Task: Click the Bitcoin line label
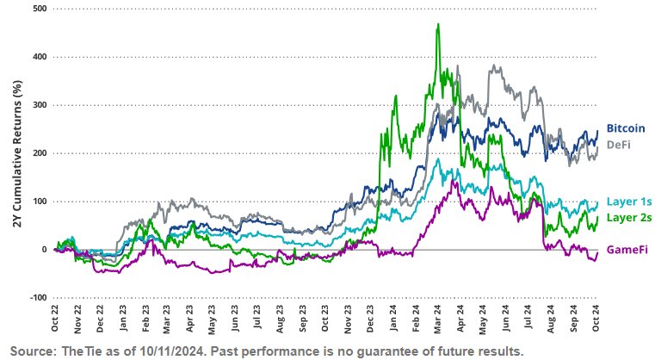626,128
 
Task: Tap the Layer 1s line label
627,200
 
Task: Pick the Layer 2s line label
627,216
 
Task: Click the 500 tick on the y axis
38,9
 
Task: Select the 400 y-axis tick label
38,57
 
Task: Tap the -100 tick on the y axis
36,297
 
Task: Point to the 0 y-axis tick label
44,250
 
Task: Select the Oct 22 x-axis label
55,321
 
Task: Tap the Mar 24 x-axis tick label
437,321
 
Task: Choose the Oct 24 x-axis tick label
596,321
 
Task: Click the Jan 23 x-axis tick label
124,321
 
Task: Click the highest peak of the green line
439,25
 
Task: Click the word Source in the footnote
28,351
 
